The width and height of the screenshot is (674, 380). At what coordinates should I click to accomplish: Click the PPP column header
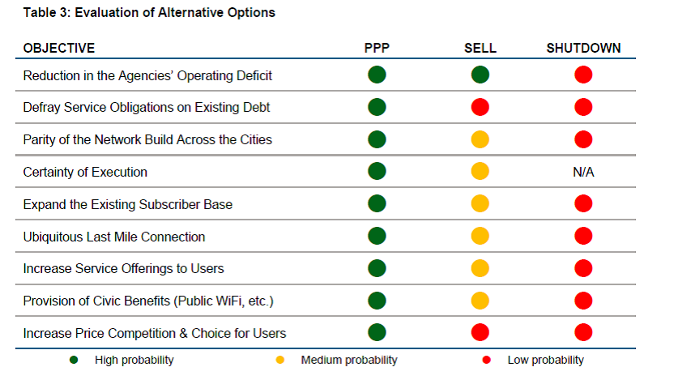pos(377,48)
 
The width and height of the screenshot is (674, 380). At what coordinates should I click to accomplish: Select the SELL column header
pos(480,48)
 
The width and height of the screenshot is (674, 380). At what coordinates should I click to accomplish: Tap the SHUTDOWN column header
pos(583,48)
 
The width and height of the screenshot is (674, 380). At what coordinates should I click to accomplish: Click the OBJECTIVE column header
pos(59,48)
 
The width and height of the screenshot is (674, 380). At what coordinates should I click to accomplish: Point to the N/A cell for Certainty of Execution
pos(583,172)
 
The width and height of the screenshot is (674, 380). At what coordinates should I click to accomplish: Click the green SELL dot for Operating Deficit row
pos(480,75)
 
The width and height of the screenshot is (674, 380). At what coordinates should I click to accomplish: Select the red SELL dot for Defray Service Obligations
pos(480,107)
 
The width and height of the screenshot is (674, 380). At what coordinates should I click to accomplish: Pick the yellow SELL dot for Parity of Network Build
pos(480,139)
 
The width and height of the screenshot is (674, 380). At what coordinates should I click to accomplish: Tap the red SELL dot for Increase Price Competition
pos(480,332)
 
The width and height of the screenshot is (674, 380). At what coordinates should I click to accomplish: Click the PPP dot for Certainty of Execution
pos(377,172)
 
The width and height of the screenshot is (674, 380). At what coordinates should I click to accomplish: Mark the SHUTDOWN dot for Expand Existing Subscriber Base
pos(583,203)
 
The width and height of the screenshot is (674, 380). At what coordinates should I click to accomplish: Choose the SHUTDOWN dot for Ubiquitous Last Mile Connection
pos(583,236)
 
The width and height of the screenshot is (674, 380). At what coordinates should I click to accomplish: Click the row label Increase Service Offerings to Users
pos(123,268)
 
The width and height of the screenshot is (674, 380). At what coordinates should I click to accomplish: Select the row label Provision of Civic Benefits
pos(148,301)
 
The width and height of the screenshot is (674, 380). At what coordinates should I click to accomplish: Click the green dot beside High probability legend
pos(75,360)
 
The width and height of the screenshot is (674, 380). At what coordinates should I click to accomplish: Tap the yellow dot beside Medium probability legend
pos(280,360)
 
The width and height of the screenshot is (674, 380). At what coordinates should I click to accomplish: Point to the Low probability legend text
pos(545,360)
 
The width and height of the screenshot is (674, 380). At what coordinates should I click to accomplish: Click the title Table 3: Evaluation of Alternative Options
pos(149,12)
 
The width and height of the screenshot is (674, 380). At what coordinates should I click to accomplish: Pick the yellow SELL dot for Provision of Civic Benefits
pos(480,301)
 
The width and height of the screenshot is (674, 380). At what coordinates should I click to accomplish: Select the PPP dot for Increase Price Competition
pos(377,332)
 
